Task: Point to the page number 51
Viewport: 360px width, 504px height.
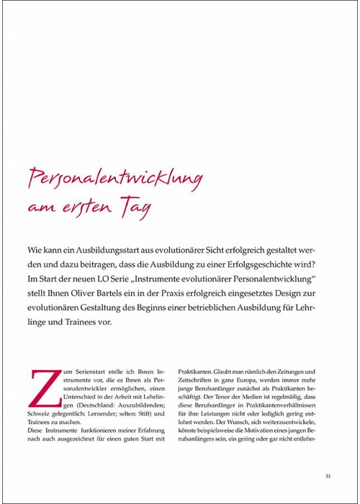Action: point(328,475)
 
